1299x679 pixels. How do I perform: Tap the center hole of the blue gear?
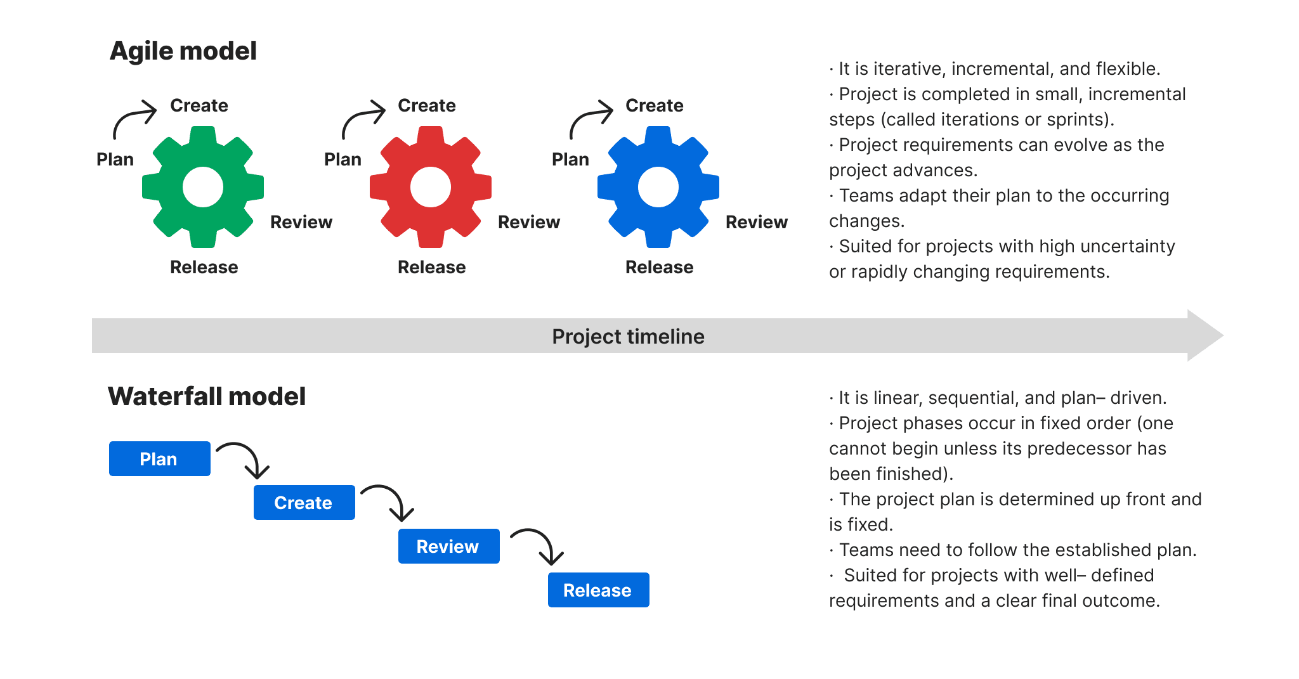point(658,187)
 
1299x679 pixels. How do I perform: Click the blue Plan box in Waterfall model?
point(159,458)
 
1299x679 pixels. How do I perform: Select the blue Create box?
point(304,502)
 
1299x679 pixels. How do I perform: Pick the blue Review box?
point(448,546)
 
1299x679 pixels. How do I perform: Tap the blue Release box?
point(598,590)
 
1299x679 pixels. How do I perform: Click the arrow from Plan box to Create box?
point(247,456)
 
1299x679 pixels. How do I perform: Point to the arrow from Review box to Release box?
point(541,543)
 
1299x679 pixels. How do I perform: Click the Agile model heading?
point(183,51)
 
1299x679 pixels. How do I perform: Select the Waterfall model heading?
point(207,396)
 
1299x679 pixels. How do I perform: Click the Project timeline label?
point(628,336)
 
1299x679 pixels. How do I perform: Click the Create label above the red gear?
point(426,105)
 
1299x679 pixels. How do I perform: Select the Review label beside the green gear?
point(301,222)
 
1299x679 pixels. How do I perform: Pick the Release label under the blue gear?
point(659,267)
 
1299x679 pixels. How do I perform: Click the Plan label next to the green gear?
point(115,159)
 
